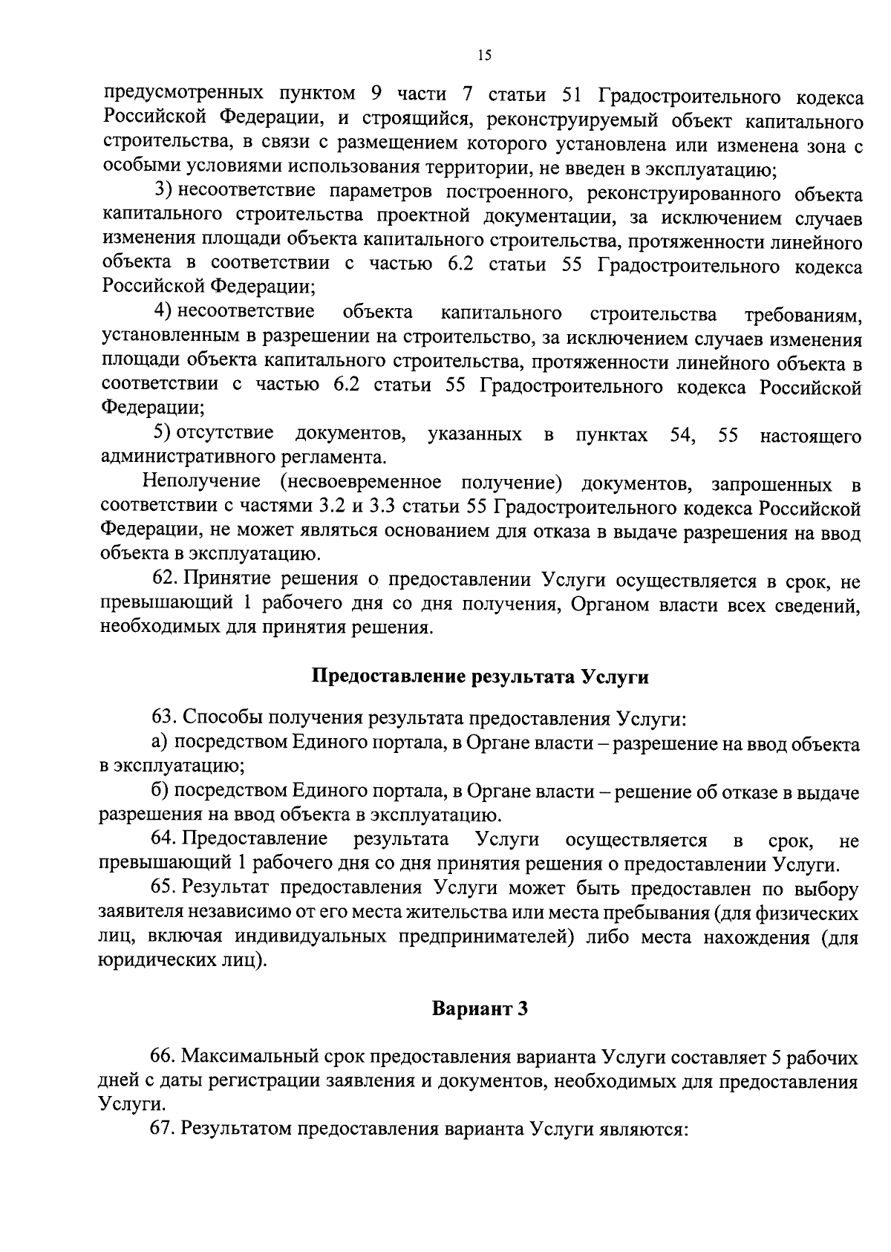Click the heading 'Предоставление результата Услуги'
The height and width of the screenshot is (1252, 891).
[x=480, y=677]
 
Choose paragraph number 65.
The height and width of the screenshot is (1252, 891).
[x=165, y=888]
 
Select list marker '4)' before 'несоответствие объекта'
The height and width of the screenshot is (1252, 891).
[x=163, y=312]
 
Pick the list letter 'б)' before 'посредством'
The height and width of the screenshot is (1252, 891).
[x=160, y=792]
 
